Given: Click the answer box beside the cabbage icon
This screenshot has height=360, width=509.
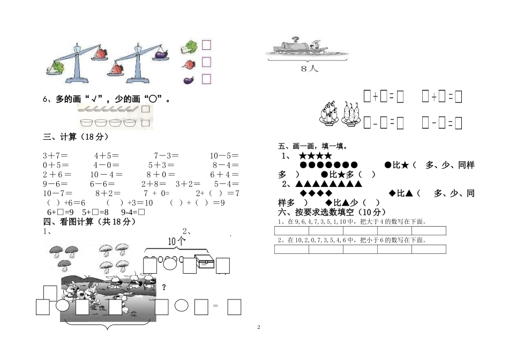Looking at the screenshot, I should pyautogui.click(x=206, y=45).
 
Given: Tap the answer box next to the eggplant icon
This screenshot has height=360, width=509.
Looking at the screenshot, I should pyautogui.click(x=206, y=79).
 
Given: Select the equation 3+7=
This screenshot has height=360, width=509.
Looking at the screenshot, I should pyautogui.click(x=54, y=156).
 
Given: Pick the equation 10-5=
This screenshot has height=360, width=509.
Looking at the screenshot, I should pyautogui.click(x=224, y=156).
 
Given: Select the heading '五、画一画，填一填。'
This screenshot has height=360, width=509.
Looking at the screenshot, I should pyautogui.click(x=313, y=146).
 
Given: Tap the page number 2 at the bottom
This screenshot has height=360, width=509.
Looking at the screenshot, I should pyautogui.click(x=258, y=327).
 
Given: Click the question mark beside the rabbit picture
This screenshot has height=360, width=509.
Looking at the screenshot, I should pyautogui.click(x=164, y=288).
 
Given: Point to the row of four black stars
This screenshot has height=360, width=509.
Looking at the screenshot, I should pyautogui.click(x=316, y=156).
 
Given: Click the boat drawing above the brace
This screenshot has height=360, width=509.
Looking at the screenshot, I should pyautogui.click(x=303, y=48).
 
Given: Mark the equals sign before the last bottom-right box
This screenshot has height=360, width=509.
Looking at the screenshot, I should pyautogui.click(x=215, y=306).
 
